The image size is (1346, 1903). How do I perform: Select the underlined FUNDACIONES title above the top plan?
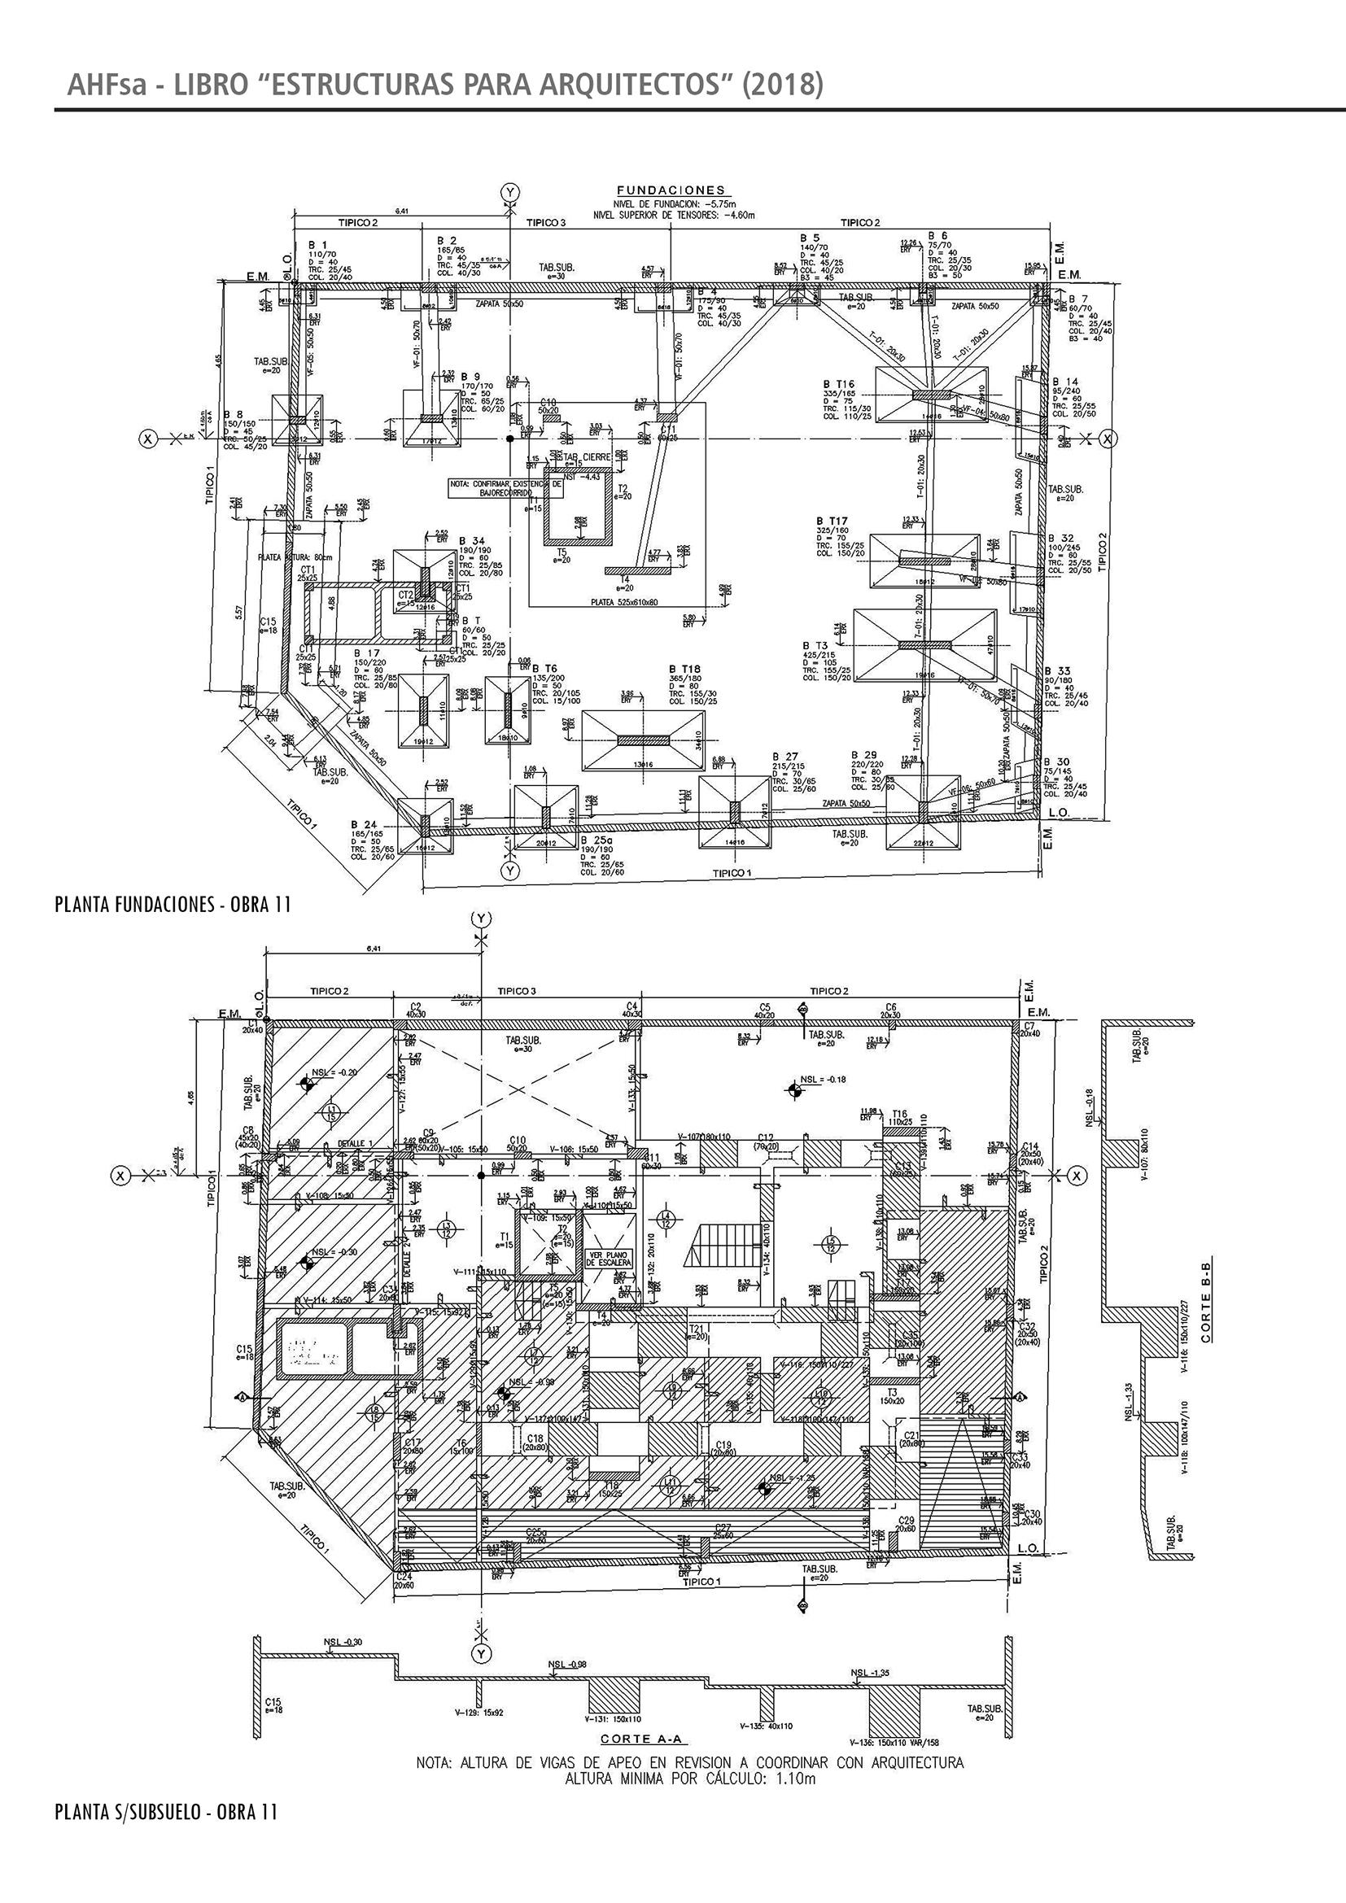click(671, 190)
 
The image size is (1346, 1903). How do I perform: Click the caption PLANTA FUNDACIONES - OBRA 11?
click(173, 904)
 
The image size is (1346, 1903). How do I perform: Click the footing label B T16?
click(839, 384)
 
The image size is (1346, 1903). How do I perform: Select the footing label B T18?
click(685, 669)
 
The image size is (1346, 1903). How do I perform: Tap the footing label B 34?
click(472, 540)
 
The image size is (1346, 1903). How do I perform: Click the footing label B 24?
click(365, 825)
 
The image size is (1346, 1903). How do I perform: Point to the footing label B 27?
click(784, 756)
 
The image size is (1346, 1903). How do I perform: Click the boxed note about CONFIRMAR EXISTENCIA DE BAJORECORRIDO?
click(505, 487)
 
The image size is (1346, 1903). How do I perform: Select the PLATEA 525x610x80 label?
click(624, 603)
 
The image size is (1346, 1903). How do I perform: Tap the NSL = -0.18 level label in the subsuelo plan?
click(822, 1080)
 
